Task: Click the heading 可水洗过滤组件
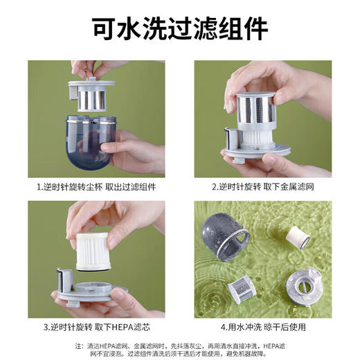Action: (180, 30)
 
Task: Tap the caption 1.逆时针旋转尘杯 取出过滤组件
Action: (96, 187)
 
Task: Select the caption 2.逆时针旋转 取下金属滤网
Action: (262, 187)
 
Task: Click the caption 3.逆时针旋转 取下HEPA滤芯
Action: (96, 327)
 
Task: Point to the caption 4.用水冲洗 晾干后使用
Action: (262, 327)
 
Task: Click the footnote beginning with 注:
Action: (180, 349)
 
